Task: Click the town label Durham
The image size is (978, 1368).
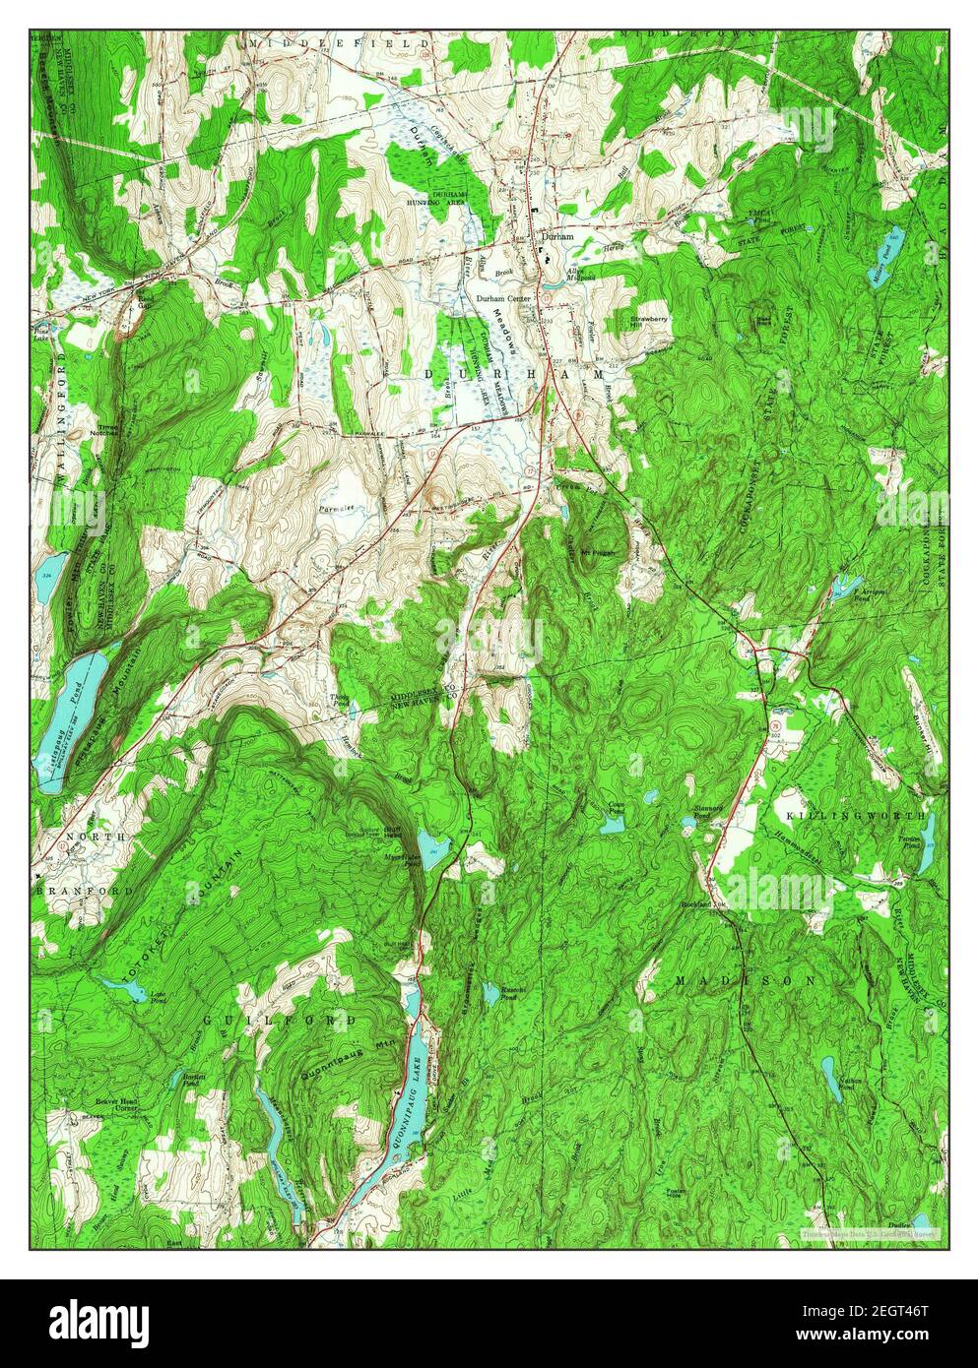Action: point(556,237)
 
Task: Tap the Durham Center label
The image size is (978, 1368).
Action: point(504,298)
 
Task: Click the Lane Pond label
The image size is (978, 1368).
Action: point(155,998)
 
